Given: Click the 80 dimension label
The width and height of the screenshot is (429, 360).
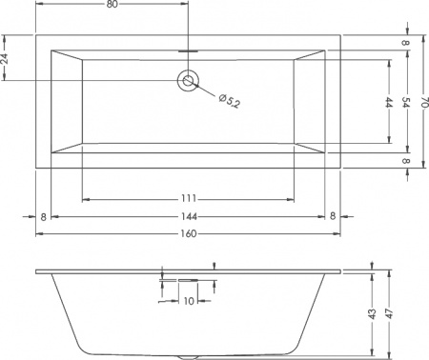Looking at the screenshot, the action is click(112, 6).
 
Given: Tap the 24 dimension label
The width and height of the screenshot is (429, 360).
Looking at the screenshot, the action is click(7, 59).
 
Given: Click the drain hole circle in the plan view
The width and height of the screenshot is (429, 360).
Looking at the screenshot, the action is click(187, 81).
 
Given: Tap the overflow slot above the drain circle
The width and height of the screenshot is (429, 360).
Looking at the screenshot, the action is click(187, 50).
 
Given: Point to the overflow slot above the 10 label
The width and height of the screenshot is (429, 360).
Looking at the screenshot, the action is click(187, 280).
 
